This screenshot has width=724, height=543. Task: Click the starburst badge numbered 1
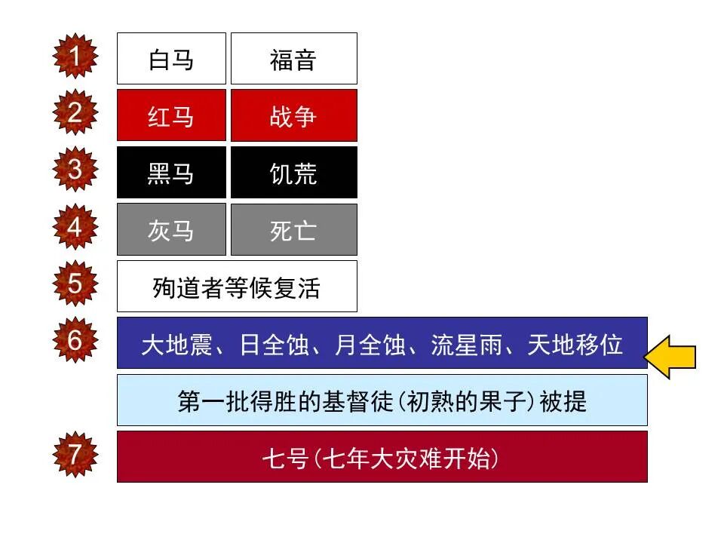click(75, 57)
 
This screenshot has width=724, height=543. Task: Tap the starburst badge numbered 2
click(75, 113)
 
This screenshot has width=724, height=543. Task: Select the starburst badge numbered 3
click(75, 170)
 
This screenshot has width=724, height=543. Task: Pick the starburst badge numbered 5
click(75, 284)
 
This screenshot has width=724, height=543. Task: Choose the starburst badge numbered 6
click(75, 341)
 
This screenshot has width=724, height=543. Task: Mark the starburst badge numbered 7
click(75, 455)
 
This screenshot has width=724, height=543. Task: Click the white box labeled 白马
click(171, 59)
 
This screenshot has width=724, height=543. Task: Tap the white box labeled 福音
click(293, 59)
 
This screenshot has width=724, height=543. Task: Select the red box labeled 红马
click(171, 116)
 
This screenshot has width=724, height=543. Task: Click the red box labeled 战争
click(293, 116)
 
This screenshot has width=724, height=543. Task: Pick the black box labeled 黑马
click(171, 173)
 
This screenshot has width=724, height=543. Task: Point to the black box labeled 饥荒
click(293, 173)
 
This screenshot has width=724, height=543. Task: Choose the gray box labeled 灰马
click(171, 230)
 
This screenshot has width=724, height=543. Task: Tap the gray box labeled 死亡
click(293, 230)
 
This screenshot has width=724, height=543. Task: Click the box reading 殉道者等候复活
click(237, 287)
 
